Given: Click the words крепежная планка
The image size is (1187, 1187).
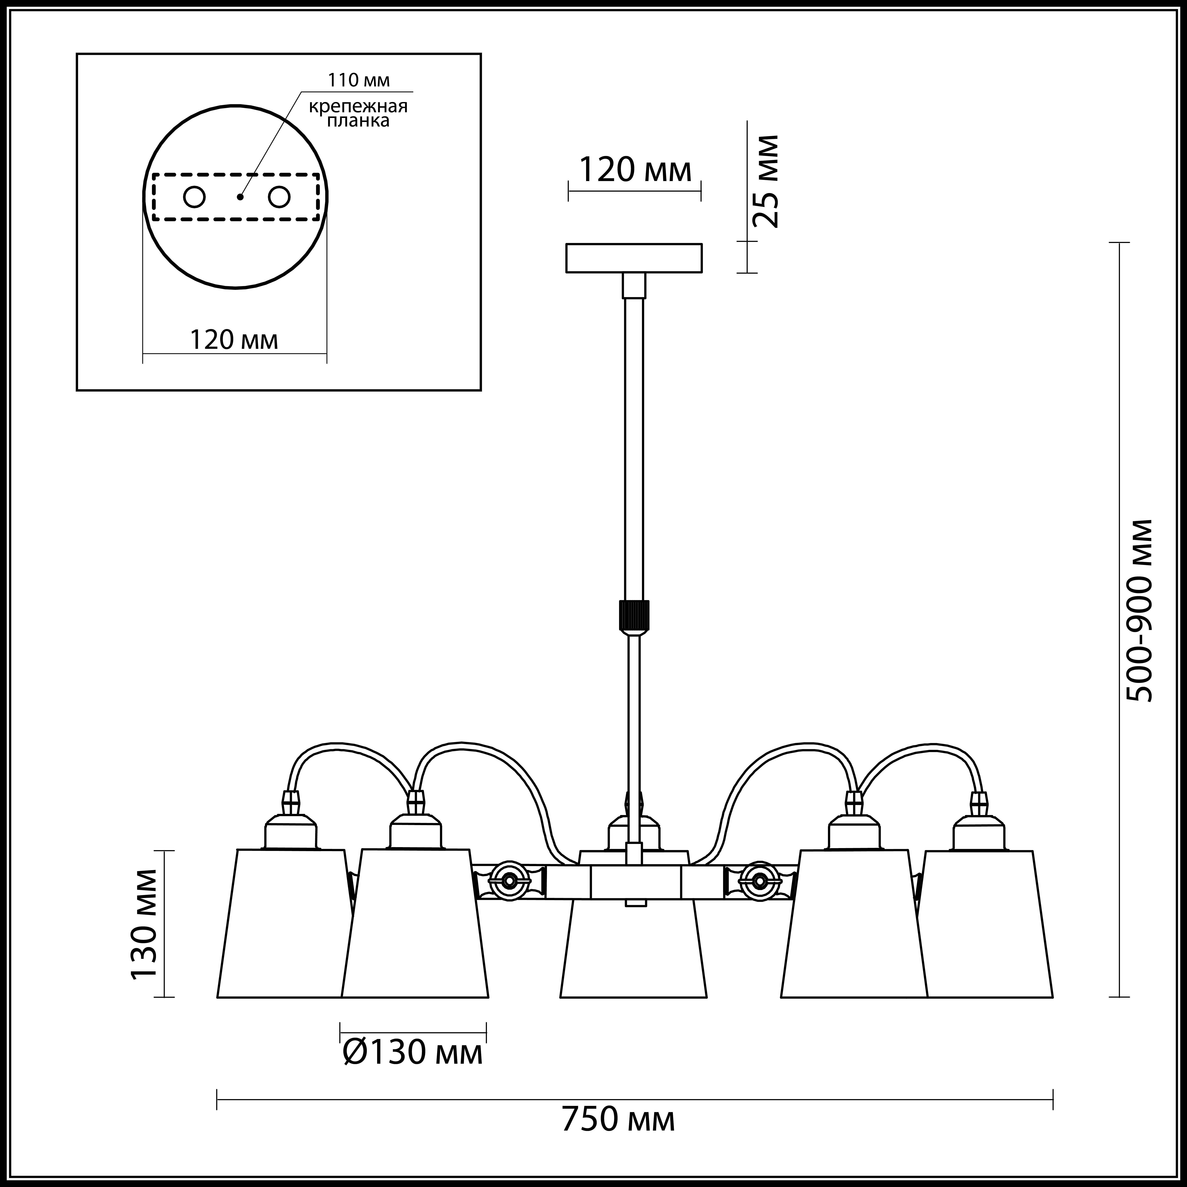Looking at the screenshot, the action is click(358, 113).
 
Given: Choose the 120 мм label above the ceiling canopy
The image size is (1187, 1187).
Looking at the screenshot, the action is click(635, 170).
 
